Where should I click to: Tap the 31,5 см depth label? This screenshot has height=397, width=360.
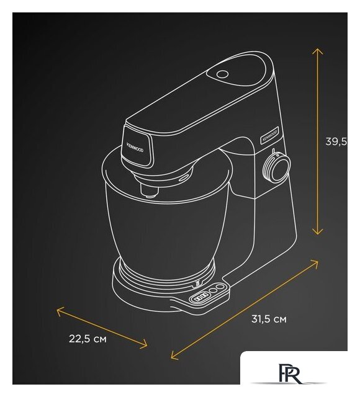click(x=269, y=319)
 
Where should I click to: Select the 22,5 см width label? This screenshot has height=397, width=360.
click(x=88, y=339)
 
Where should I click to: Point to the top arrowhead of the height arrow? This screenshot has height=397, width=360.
click(x=318, y=49)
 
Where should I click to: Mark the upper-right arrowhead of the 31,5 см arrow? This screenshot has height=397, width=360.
click(x=317, y=263)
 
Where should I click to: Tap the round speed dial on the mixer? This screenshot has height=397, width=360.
click(x=277, y=166)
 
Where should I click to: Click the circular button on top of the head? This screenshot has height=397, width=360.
click(x=222, y=74)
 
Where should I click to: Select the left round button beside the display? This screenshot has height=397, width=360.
click(x=214, y=292)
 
